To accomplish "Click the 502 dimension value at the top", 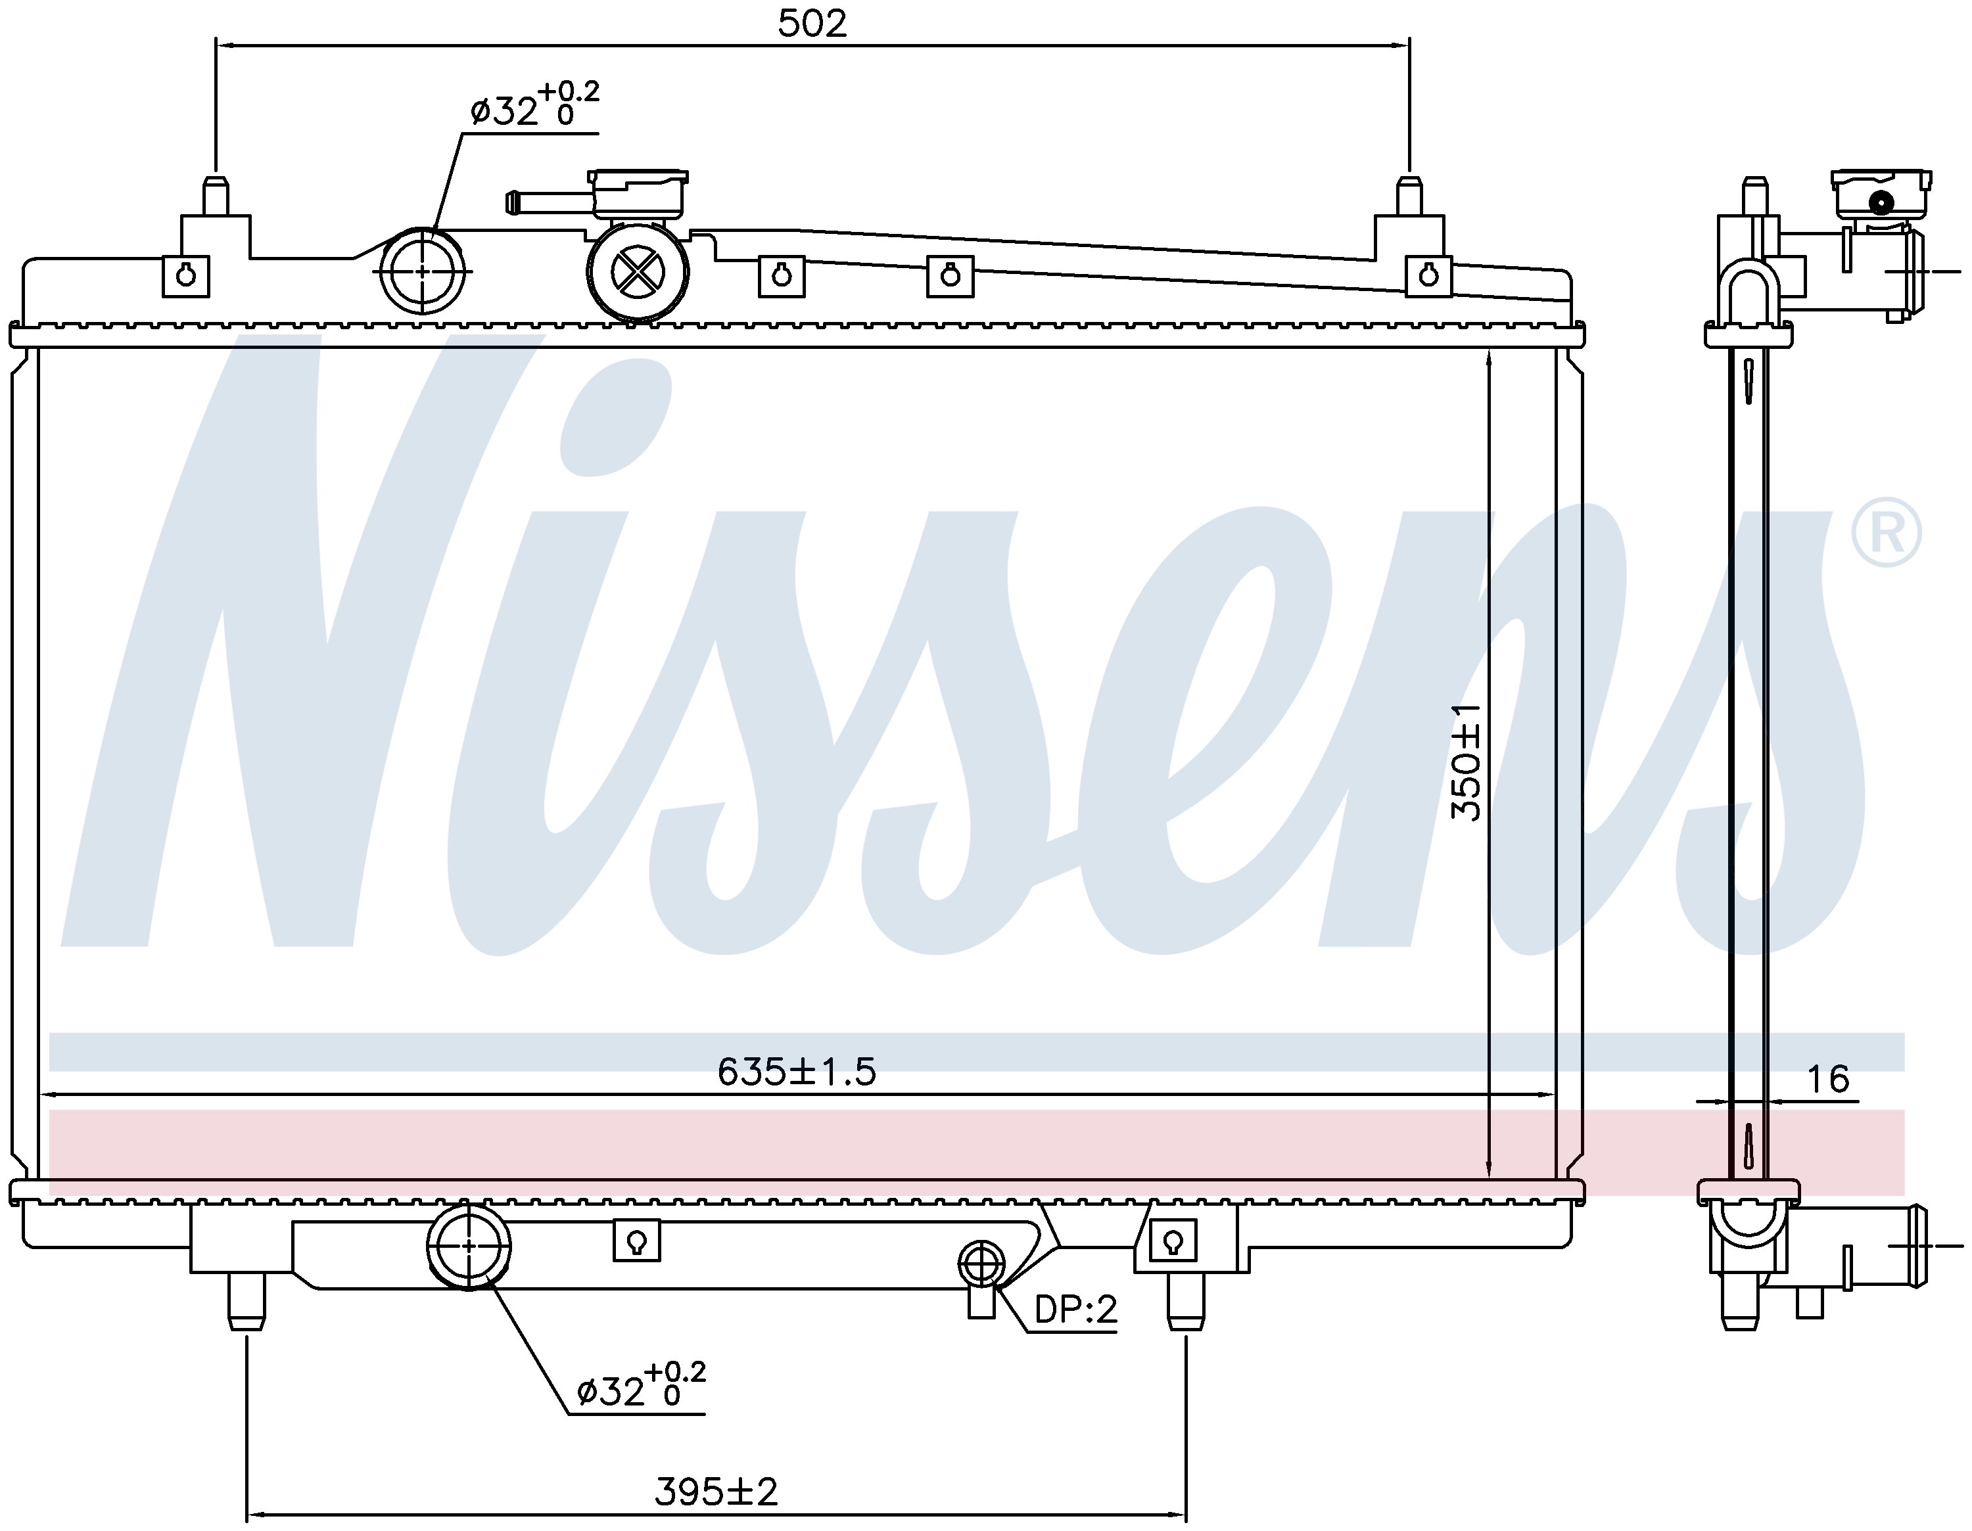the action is coord(812,24).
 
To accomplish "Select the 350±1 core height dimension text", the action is coord(1467,762).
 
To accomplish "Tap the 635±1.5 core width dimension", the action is coord(797,1072).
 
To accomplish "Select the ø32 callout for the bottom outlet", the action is coord(641,1386).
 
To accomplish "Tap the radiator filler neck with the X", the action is coord(638,270).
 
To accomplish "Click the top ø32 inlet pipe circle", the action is coord(423,271).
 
